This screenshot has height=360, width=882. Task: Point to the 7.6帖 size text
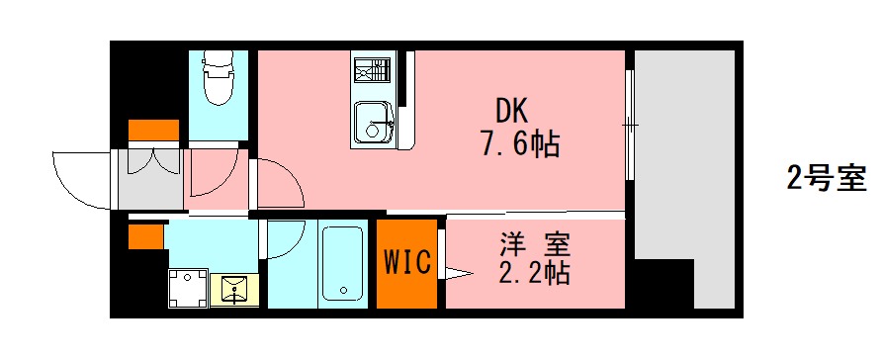(520, 145)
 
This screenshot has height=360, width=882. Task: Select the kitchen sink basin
(374, 124)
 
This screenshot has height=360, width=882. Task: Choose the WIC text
(406, 262)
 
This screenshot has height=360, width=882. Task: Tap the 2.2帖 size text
(535, 273)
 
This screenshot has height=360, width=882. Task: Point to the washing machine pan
(188, 289)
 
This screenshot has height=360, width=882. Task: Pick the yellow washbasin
(235, 289)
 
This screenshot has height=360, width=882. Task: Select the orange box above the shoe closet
(153, 131)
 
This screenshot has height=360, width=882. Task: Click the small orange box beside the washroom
(145, 237)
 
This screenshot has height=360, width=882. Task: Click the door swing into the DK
(280, 183)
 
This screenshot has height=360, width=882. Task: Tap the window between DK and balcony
(628, 124)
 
